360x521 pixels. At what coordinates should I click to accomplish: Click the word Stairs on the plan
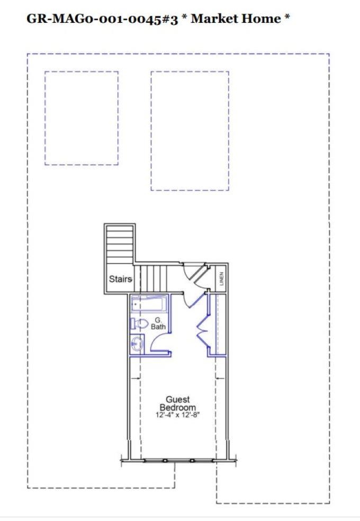click(x=120, y=279)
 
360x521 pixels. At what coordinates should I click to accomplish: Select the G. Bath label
click(x=158, y=324)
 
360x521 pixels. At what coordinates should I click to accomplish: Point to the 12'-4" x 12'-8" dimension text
click(x=178, y=416)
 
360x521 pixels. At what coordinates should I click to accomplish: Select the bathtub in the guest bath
click(x=149, y=305)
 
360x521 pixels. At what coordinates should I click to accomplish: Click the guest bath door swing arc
click(x=159, y=342)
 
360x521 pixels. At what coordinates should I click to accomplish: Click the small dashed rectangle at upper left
click(x=81, y=118)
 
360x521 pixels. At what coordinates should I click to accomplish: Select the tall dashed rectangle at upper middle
click(x=190, y=131)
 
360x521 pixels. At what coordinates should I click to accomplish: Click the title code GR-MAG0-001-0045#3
click(x=101, y=19)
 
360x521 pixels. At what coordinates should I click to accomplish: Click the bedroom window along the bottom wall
click(x=178, y=460)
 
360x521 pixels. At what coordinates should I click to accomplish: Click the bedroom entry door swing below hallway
click(x=193, y=301)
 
